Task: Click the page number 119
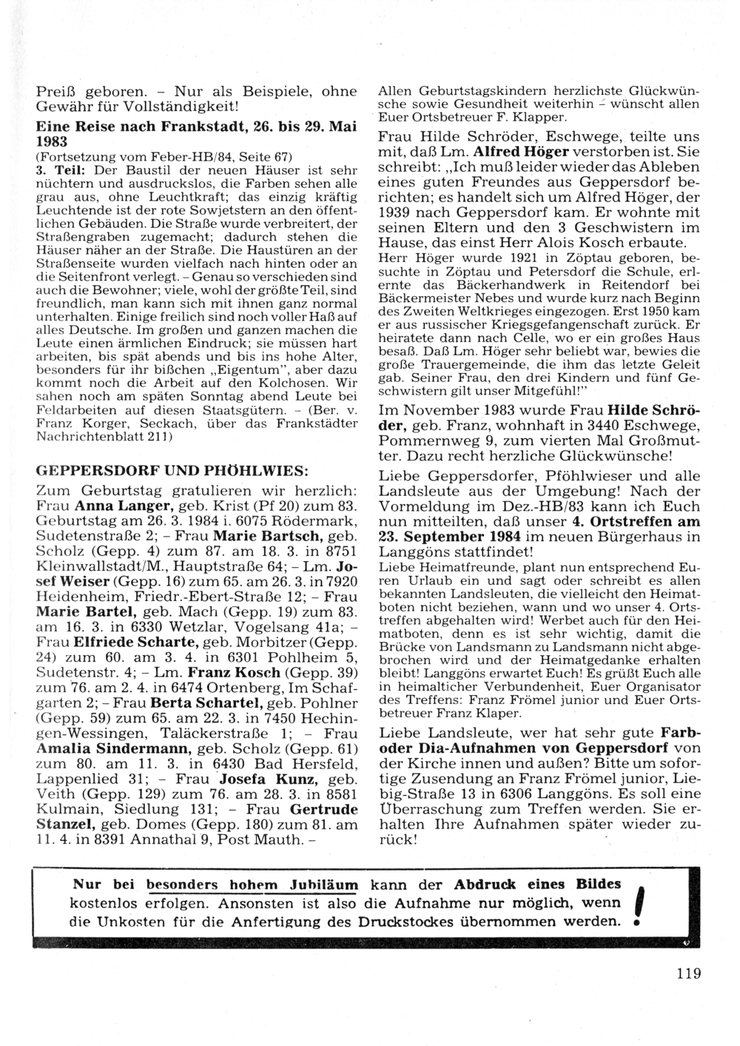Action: tap(688, 973)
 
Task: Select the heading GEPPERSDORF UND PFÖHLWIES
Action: tap(172, 472)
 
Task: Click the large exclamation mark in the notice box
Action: tap(639, 905)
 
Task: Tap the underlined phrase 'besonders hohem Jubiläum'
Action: tap(252, 885)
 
